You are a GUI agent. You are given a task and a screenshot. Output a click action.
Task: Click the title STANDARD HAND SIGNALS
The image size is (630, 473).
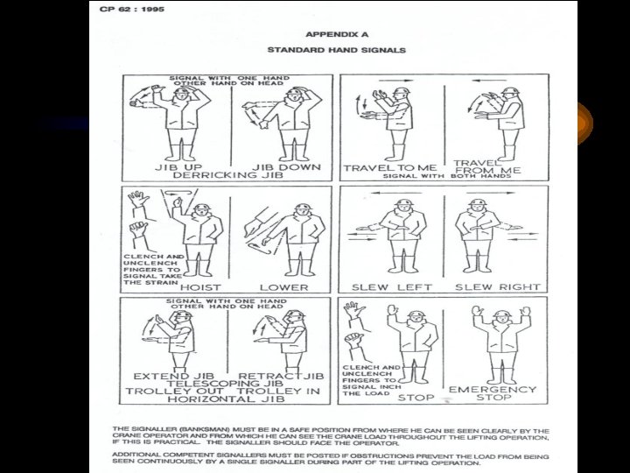tap(327, 51)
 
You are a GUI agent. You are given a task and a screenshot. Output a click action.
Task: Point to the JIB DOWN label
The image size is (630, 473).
tap(286, 166)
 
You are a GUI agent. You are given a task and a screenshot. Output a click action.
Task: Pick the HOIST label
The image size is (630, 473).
tap(199, 286)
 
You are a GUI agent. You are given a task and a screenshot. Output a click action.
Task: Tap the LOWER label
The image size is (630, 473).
tap(283, 286)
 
